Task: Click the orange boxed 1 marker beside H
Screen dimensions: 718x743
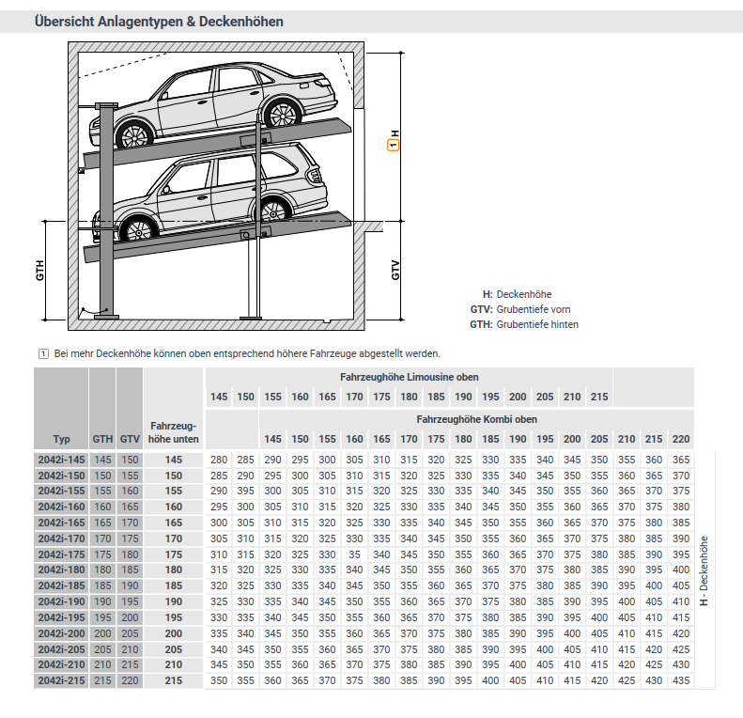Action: pyautogui.click(x=394, y=146)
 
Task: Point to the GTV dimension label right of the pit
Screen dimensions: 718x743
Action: pyautogui.click(x=395, y=270)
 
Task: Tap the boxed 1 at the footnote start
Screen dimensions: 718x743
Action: pyautogui.click(x=42, y=353)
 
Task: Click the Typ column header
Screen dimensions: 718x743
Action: pyautogui.click(x=61, y=438)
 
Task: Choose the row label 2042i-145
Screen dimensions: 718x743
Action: pyautogui.click(x=61, y=460)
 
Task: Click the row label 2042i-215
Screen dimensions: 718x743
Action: pyautogui.click(x=61, y=679)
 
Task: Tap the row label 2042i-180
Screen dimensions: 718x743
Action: pyautogui.click(x=61, y=570)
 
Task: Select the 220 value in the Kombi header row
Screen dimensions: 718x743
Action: pyautogui.click(x=681, y=439)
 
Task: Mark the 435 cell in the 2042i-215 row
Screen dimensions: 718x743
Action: pyautogui.click(x=681, y=679)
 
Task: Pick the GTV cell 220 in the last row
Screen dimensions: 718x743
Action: pyautogui.click(x=130, y=679)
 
